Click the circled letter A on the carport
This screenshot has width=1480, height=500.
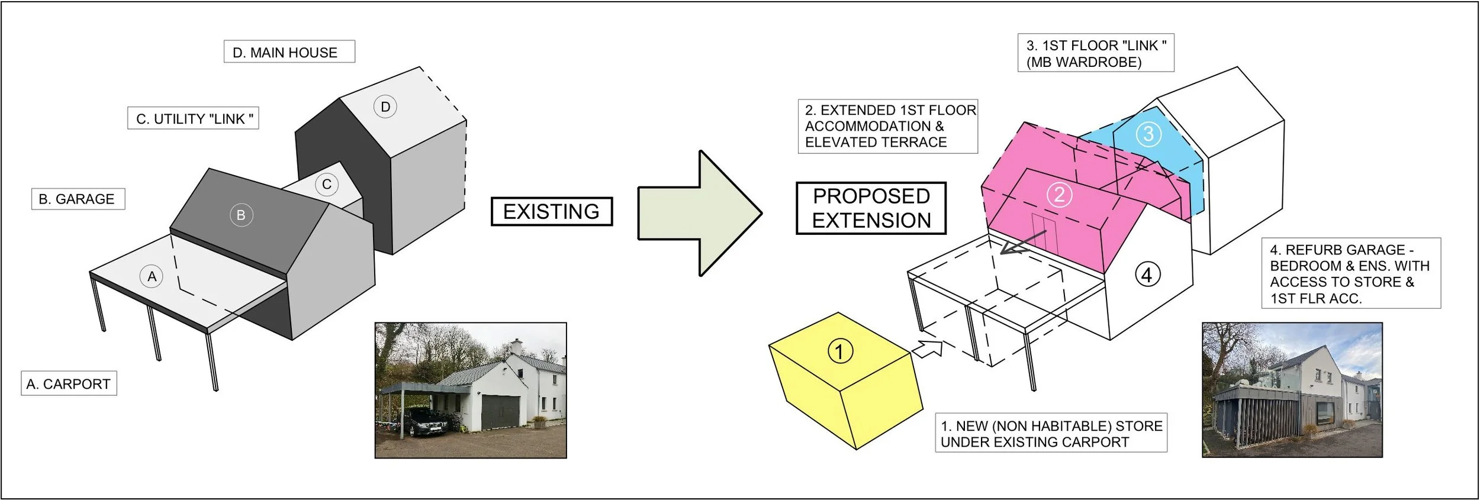point(152,276)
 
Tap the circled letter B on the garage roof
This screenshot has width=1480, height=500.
point(241,215)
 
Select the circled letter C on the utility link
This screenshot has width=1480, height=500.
point(326,184)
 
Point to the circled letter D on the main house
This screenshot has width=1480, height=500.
point(385,107)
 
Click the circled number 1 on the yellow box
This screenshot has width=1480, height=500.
point(839,351)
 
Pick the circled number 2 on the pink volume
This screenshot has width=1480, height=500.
point(1059,195)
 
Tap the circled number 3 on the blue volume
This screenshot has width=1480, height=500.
point(1148,134)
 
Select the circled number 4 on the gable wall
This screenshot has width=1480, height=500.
point(1147,275)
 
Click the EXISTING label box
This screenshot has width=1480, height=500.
point(551,211)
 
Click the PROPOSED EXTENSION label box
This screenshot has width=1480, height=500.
point(871,208)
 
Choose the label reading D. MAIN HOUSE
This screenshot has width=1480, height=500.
point(289,52)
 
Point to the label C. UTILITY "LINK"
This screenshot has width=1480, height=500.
point(193,118)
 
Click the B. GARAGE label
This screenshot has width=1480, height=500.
point(78,199)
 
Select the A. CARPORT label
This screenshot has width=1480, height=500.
point(69,384)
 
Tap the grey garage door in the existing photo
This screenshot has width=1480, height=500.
point(500,412)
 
